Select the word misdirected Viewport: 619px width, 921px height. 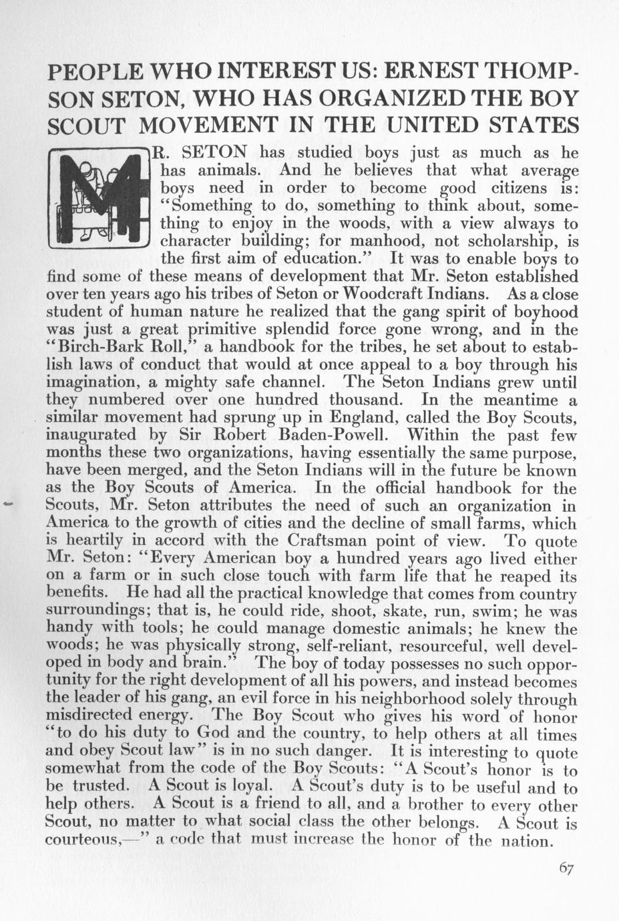click(x=94, y=716)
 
